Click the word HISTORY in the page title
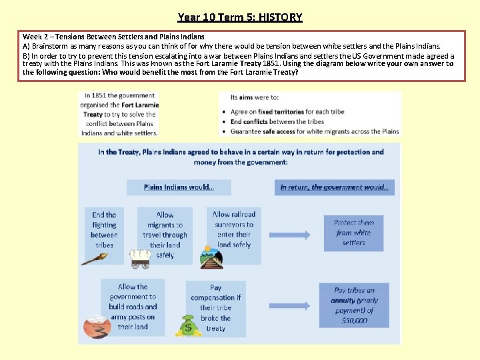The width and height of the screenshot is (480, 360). (280, 17)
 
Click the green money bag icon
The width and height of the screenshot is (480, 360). (188, 325)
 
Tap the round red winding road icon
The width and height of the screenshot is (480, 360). (97, 327)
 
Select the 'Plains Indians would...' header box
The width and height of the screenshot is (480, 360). (179, 187)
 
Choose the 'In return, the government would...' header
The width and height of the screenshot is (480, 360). (334, 187)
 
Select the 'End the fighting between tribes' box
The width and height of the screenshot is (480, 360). (104, 230)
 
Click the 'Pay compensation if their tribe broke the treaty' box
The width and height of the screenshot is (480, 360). (215, 307)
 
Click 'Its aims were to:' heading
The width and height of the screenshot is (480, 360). (254, 97)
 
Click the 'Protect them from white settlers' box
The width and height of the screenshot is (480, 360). (354, 233)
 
